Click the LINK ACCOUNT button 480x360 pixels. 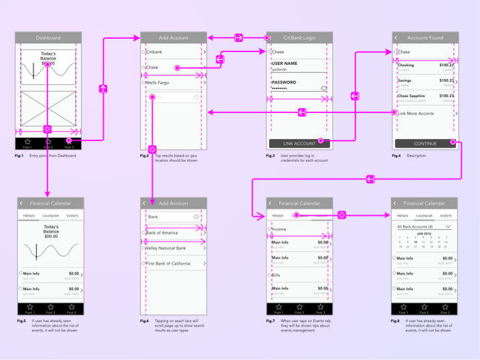click(299, 144)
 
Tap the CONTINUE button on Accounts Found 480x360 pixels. click(424, 143)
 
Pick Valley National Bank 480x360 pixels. click(167, 248)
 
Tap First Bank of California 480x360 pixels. click(169, 264)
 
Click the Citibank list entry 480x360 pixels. click(155, 52)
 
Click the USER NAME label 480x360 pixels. click(285, 63)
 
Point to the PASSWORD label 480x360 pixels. click(284, 82)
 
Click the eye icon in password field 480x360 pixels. click(324, 88)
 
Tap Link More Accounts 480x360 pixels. click(416, 114)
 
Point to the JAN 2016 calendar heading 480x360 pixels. click(424, 234)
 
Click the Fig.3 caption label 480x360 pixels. click(270, 155)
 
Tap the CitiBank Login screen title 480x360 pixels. click(299, 38)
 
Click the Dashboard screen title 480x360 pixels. click(48, 38)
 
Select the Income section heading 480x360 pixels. click(279, 230)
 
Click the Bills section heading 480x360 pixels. click(276, 275)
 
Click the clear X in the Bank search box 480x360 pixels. click(196, 217)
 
